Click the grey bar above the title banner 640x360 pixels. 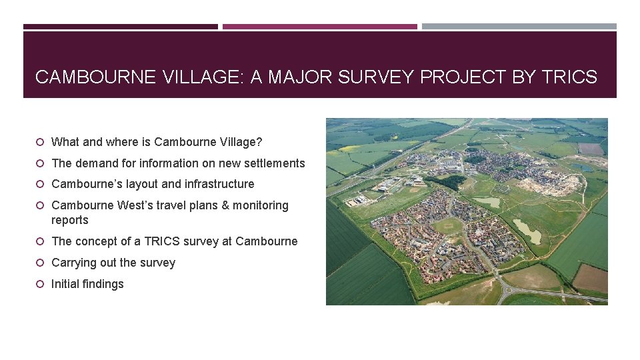click(519, 27)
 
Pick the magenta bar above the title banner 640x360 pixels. click(319, 27)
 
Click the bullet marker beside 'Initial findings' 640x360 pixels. click(41, 284)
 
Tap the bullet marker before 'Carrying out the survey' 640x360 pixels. click(41, 263)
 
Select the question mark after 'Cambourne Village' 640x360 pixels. click(259, 141)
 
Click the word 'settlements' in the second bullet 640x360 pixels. click(273, 163)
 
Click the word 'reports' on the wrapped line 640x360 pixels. click(70, 220)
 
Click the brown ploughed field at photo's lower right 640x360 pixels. click(591, 277)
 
